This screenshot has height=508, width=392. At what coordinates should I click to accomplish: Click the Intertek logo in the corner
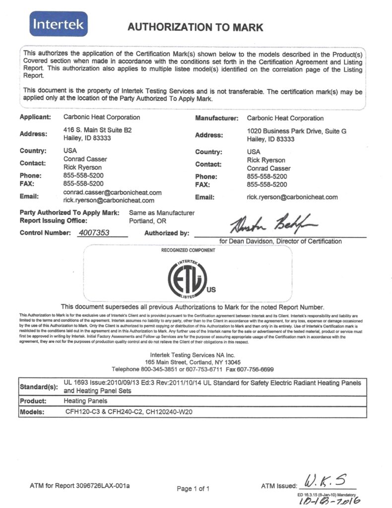[59, 24]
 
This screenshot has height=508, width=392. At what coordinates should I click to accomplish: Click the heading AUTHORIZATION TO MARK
[196, 27]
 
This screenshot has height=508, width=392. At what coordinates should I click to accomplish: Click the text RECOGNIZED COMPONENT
[188, 251]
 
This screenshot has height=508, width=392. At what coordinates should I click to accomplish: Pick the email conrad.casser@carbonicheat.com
[113, 192]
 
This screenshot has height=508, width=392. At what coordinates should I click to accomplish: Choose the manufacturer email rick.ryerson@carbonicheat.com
[292, 197]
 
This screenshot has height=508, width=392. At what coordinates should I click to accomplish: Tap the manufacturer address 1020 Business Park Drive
[296, 131]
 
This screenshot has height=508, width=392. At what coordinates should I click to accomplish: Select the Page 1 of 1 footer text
[193, 489]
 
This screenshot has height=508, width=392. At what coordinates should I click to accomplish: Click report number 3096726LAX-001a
[105, 485]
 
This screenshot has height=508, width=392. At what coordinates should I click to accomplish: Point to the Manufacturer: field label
[217, 118]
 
